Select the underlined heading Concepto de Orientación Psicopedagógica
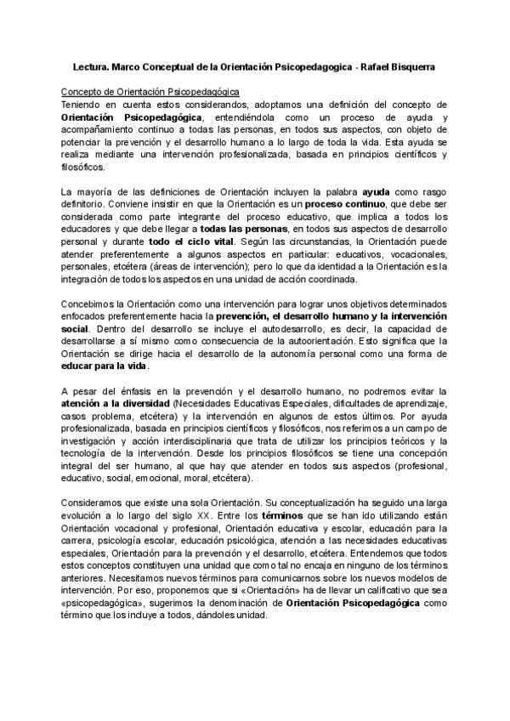150,90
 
